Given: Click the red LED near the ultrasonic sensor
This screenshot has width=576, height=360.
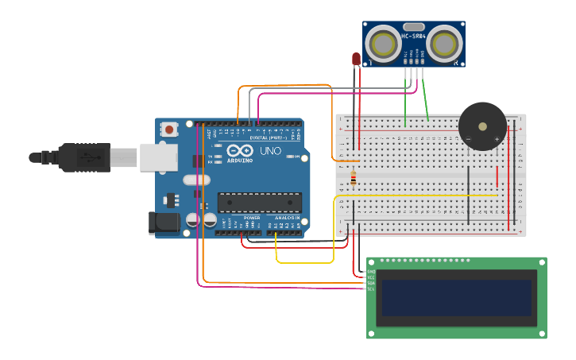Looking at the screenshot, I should point(356,59).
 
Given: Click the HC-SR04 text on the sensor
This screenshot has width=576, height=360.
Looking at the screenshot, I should point(413,36).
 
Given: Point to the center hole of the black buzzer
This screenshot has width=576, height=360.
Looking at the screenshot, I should point(482,126).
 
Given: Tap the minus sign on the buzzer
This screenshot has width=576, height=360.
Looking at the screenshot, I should point(468,139).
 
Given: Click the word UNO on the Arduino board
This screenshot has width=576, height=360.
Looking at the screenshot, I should point(270,151).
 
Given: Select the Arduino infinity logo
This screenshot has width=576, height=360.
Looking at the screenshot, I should point(240,150).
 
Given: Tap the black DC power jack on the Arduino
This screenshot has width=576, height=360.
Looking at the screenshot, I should point(163,223).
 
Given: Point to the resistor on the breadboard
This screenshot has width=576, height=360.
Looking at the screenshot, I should point(354,178).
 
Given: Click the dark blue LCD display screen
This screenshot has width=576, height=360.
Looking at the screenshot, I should point(456,297).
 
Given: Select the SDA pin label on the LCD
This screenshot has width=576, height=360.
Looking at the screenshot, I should point(371,283).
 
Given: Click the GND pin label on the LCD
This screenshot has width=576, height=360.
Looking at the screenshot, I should point(371,271).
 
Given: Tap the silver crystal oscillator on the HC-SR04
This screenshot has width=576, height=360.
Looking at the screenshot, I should point(413,27).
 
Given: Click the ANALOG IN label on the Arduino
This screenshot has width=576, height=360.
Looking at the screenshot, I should point(287,218).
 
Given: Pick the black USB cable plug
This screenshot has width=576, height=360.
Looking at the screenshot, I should point(83,157).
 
